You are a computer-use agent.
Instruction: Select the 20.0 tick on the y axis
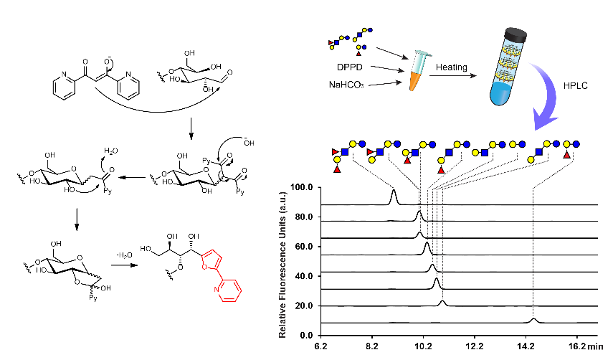pos(303,305)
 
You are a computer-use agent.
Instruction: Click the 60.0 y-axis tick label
pos(303,246)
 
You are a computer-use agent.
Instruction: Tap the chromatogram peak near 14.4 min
pos(533,319)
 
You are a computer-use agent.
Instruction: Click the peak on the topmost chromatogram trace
pos(394,195)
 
